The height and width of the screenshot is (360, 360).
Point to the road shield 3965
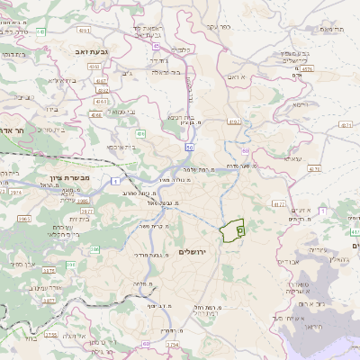tap(24, 219)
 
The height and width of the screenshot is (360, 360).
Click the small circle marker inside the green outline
tap(239, 230)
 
